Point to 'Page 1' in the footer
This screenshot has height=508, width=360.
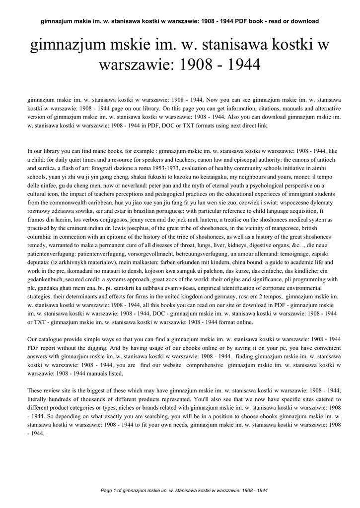tap(111, 491)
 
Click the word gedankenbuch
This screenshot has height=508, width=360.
tap(45, 279)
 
